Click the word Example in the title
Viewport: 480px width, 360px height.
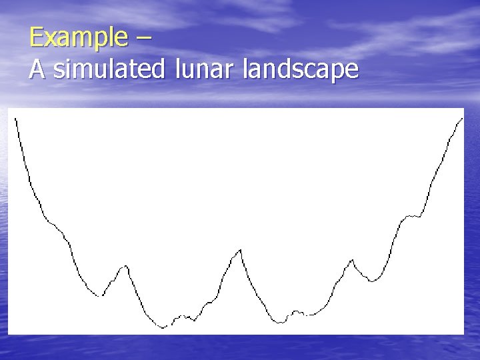(77, 37)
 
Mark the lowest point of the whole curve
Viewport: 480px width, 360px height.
(163, 328)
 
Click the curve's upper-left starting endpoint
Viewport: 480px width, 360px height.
(15, 118)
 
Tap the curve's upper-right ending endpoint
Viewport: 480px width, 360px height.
(463, 118)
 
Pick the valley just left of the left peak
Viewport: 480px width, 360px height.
(102, 295)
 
